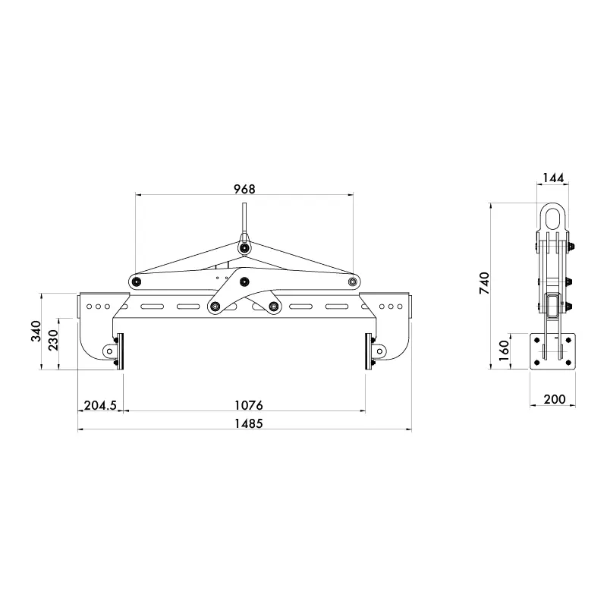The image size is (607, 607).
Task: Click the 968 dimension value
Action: [x=244, y=188]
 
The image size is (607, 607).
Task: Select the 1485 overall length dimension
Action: [x=245, y=424]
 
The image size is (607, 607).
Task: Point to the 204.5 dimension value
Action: [x=99, y=405]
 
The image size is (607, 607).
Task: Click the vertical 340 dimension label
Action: [x=36, y=331]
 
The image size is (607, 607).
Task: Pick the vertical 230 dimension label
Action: [x=53, y=341]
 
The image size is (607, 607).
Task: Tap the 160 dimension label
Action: [x=505, y=351]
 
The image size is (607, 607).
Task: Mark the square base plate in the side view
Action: [x=553, y=351]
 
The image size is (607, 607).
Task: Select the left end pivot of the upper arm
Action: [x=136, y=281]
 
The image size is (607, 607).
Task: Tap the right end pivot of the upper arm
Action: [x=352, y=281]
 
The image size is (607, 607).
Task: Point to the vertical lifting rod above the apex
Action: [x=244, y=220]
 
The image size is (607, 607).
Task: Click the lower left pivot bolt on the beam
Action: [x=215, y=307]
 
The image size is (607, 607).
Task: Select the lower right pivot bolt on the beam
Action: [x=273, y=307]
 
